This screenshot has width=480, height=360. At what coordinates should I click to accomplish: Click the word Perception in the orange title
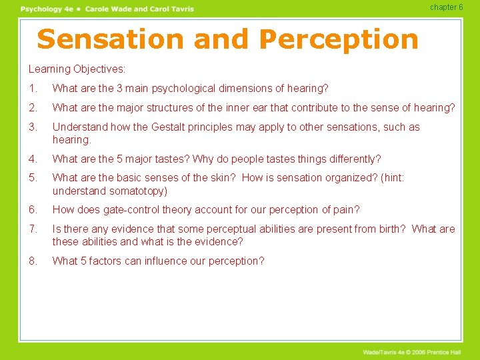[x=339, y=40]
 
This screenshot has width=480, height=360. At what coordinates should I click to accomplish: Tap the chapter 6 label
[x=446, y=7]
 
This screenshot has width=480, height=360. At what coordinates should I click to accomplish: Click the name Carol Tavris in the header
[x=171, y=9]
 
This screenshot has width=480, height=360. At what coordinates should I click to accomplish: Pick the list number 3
[x=33, y=127]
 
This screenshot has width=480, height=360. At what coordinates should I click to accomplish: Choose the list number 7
[x=33, y=229]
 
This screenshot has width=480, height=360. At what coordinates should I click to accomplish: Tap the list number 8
[x=33, y=261]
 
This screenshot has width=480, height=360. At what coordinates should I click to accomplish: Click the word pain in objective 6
[x=345, y=210]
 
